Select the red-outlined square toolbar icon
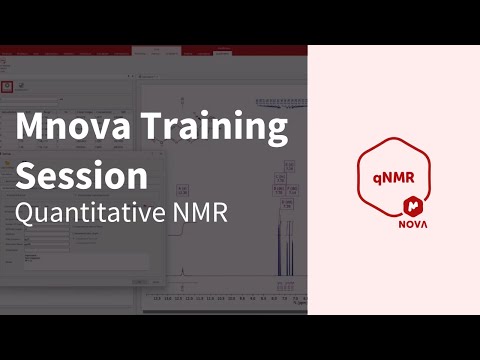(7, 87)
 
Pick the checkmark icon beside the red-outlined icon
(27, 88)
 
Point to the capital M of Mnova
(33, 130)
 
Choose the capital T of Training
(150, 130)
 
